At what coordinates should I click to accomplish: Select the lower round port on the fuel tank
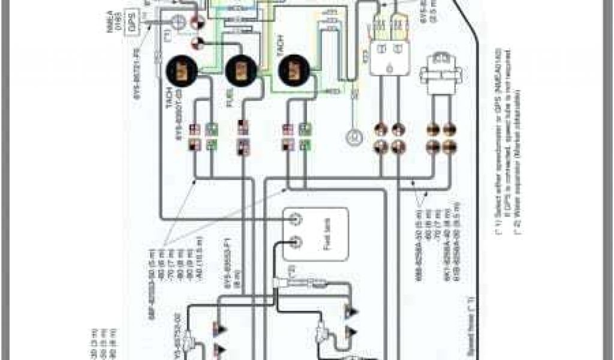(x=295, y=242)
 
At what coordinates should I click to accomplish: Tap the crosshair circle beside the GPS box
(x=178, y=22)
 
